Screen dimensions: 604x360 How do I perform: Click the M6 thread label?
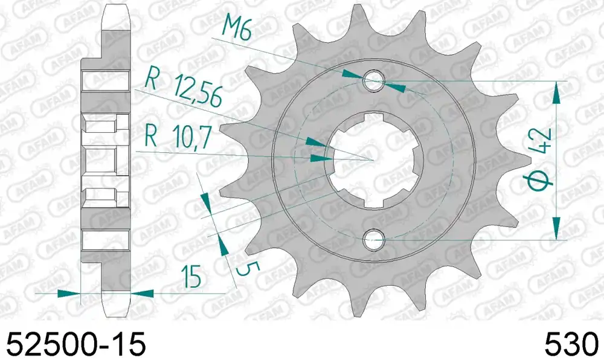click(237, 29)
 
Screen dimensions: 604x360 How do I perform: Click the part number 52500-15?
click(76, 344)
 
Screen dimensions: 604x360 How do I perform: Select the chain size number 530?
click(571, 344)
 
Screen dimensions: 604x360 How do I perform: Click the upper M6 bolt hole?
click(373, 81)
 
